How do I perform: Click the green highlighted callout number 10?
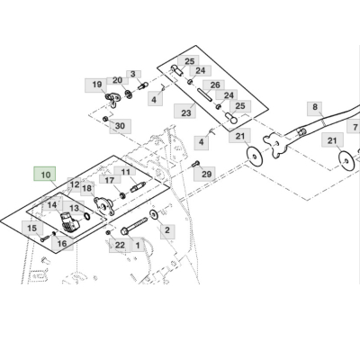45,174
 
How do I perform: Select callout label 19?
95,85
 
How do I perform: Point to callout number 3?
132,75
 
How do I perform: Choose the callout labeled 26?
214,85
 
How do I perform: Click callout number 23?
186,113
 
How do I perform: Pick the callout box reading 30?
120,126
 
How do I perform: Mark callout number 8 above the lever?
315,107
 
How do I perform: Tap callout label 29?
206,174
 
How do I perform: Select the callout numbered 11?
126,172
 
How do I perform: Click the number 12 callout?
74,183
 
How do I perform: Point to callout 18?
87,188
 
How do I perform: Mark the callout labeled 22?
120,245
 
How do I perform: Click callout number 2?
166,229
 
